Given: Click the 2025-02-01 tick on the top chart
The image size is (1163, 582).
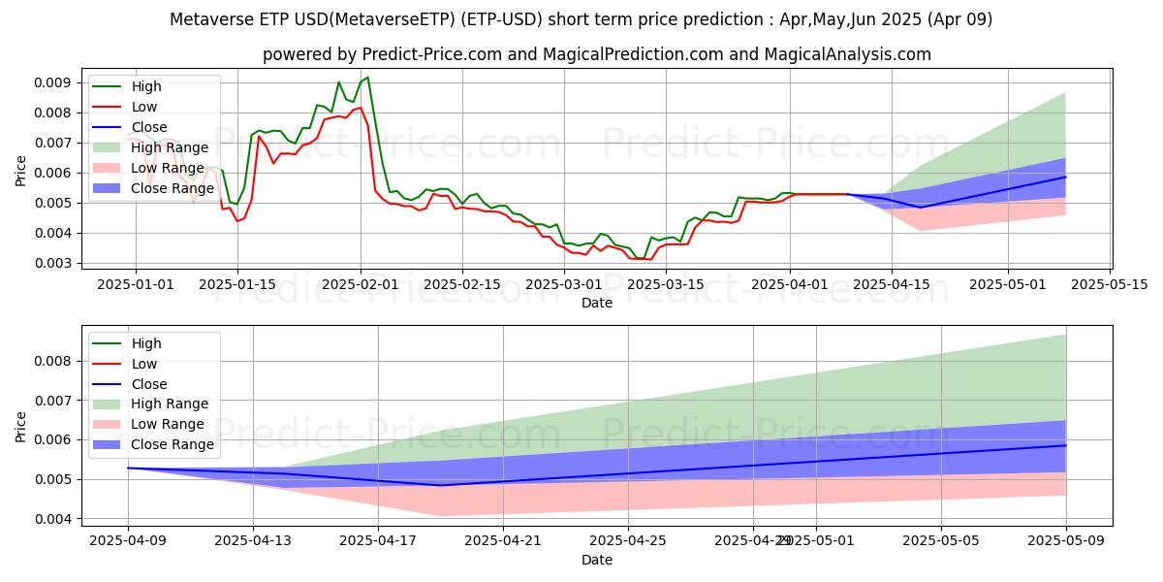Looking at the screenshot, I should pos(361,283).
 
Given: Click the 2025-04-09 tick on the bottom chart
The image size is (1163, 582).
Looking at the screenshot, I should pos(128,540).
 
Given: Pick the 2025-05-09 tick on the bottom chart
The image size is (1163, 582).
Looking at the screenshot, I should pos(1066,540).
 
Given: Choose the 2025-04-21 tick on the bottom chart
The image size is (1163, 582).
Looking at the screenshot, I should pos(503,540).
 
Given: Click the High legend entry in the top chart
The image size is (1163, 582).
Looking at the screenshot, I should pos(146,86).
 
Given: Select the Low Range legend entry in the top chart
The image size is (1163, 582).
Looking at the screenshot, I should pos(167,168).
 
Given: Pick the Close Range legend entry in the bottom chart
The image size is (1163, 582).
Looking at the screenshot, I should pos(173,444).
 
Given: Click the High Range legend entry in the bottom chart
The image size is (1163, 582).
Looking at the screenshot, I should pos(169,404).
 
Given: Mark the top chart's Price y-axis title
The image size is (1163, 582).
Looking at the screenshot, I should pos(21,171).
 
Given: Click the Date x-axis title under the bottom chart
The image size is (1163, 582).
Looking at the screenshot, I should pos(596,561).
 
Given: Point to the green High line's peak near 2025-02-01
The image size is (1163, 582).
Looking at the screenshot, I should pos(367,78).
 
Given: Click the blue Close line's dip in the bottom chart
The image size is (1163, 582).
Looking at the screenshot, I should pos(441,485).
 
